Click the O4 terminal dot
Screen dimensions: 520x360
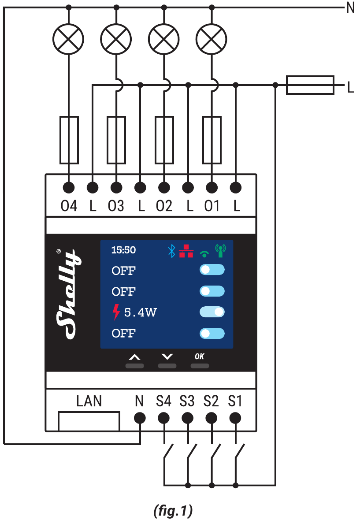69,188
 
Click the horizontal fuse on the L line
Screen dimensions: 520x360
310,85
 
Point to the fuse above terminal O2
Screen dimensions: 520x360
164,140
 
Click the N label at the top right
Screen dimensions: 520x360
350,8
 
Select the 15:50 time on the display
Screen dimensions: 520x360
123,250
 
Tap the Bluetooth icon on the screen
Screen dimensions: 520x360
172,251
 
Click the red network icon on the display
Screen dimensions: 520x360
186,251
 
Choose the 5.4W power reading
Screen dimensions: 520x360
141,313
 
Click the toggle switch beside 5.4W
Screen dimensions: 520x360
212,312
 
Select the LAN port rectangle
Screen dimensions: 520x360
89,421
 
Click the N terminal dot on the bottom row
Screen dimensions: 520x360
140,417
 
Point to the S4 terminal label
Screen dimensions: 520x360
163,401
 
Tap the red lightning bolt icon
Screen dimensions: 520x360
116,312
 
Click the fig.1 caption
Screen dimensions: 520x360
173,511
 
